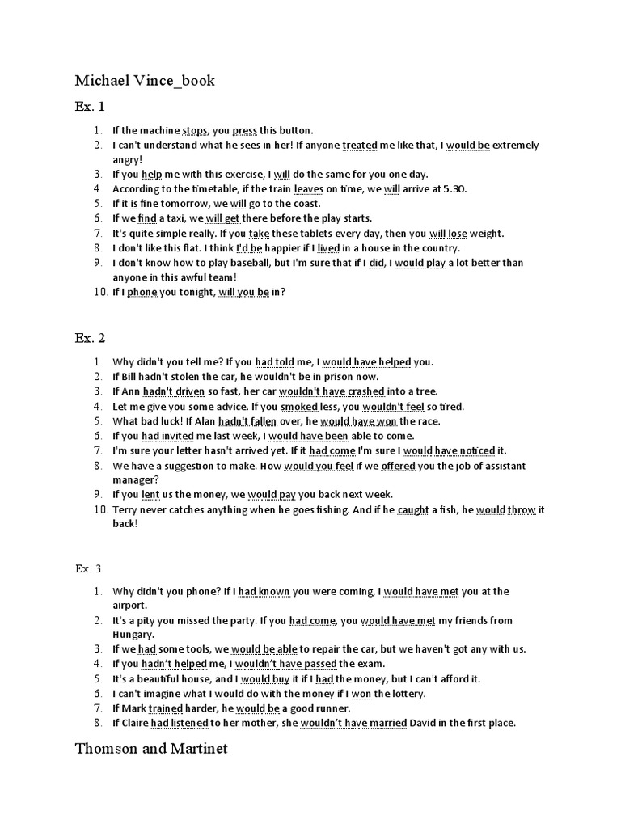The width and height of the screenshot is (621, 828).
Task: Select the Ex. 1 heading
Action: coord(90,106)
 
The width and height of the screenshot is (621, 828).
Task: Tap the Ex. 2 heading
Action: coord(90,337)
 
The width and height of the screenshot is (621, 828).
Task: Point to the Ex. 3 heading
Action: coord(89,568)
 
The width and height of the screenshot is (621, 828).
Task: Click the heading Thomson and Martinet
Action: coord(151,749)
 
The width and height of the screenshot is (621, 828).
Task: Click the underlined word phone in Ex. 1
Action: coord(142,293)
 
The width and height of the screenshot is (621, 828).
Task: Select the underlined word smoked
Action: coord(299,407)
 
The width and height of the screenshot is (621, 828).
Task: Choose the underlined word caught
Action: coord(413,509)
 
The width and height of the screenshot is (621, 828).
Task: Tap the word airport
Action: coord(130,605)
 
